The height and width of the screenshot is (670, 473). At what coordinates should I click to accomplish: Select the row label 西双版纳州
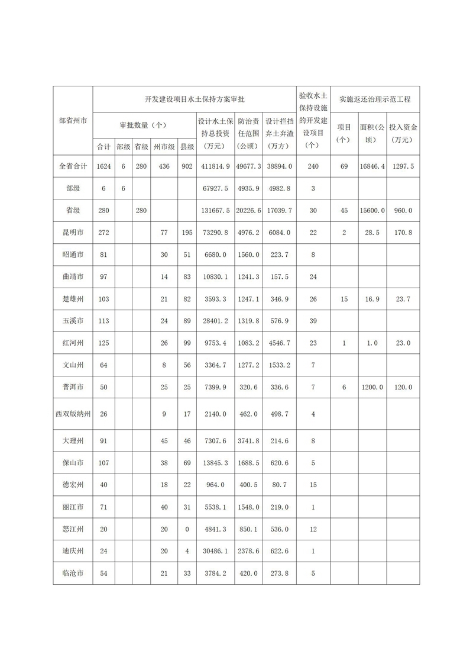pyautogui.click(x=72, y=413)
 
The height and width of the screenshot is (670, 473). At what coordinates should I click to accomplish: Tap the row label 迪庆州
pyautogui.click(x=72, y=551)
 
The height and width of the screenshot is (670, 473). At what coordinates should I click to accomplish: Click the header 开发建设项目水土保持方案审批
pyautogui.click(x=195, y=99)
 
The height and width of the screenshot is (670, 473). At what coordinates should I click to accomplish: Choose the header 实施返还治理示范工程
pyautogui.click(x=375, y=99)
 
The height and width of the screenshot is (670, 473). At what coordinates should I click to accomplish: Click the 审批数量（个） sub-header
pyautogui.click(x=144, y=125)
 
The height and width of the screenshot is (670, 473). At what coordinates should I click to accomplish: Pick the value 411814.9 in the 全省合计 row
pyautogui.click(x=215, y=167)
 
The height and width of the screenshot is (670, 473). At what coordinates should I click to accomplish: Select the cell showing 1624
pyautogui.click(x=103, y=167)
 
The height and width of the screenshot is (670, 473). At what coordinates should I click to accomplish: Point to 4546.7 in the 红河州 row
pyautogui.click(x=279, y=343)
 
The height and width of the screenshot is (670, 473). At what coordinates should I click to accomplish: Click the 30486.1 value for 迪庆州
pyautogui.click(x=215, y=551)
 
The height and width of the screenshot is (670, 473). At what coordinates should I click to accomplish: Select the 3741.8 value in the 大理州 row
pyautogui.click(x=248, y=441)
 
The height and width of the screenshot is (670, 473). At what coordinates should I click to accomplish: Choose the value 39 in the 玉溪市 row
pyautogui.click(x=313, y=321)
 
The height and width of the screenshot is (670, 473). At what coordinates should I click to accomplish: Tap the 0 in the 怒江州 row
pyautogui.click(x=187, y=529)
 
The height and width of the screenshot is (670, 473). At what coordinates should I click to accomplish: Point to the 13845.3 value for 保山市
pyautogui.click(x=215, y=463)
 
